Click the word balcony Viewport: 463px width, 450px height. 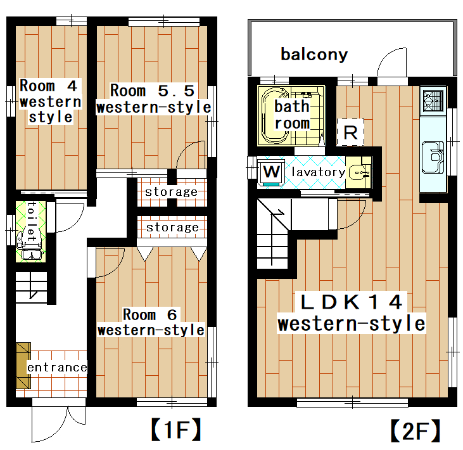click(x=314, y=55)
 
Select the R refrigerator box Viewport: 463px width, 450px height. click(x=352, y=133)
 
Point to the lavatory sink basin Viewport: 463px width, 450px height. click(x=359, y=172)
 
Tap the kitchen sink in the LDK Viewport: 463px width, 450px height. click(x=436, y=156)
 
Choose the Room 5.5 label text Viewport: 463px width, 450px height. click(x=153, y=98)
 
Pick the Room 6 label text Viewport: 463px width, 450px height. click(x=151, y=322)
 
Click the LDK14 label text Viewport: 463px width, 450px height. click(x=352, y=312)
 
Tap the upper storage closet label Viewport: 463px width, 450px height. click(x=171, y=191)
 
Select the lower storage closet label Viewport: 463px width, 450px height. click(x=172, y=227)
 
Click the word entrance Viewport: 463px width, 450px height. click(x=56, y=368)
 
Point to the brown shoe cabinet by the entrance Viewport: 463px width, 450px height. click(x=23, y=364)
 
